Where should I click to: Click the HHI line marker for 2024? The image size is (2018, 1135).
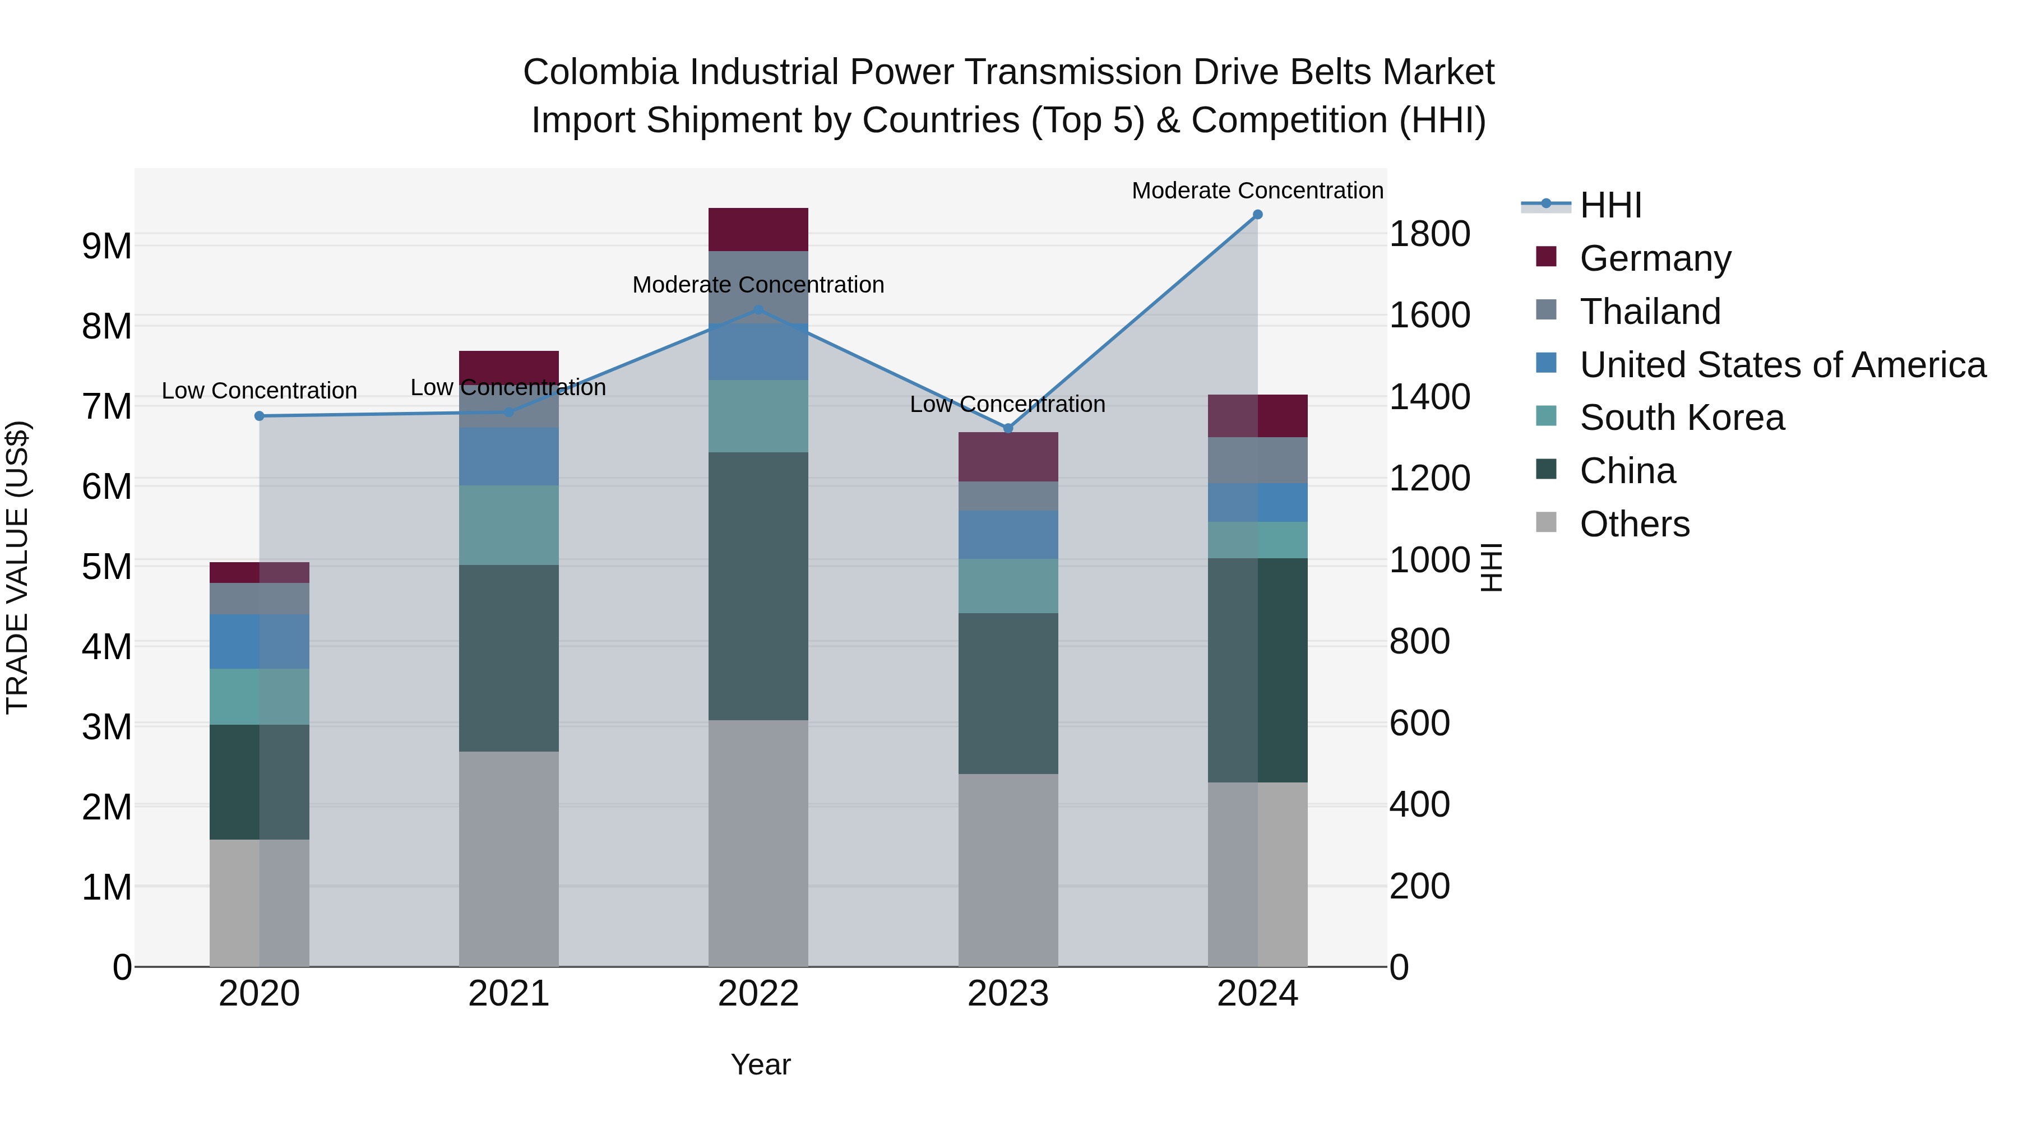(x=1257, y=215)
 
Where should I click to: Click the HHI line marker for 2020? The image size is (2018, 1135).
(x=260, y=416)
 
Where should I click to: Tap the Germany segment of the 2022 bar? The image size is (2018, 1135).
(x=757, y=229)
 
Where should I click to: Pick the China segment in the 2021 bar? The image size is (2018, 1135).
(x=508, y=658)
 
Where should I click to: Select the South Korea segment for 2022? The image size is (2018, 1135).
(x=757, y=416)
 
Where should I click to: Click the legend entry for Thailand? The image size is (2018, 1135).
(x=1650, y=312)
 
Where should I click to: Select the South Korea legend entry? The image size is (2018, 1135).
(x=1682, y=418)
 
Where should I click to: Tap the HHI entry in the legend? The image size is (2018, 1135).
(x=1610, y=205)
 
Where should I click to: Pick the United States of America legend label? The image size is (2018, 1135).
(x=1782, y=365)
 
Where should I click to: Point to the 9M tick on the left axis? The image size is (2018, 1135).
(x=107, y=247)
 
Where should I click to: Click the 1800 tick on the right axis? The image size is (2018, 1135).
(x=1429, y=234)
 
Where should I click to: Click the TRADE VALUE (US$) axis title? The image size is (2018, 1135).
(x=17, y=567)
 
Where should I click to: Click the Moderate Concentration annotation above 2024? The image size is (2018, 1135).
(x=1257, y=191)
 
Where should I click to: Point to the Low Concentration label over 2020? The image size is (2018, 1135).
(x=260, y=391)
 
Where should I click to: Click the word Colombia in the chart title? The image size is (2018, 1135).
(x=599, y=72)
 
